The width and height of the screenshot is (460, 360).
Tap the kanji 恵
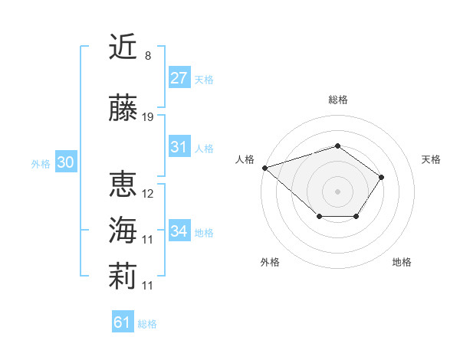tap(123, 185)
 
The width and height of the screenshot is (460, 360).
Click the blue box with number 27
tap(179, 77)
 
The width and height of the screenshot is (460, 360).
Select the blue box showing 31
tap(179, 147)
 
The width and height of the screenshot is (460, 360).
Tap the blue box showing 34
tap(179, 231)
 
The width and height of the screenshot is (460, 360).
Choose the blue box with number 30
tap(65, 162)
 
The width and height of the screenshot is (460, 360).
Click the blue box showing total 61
tap(123, 322)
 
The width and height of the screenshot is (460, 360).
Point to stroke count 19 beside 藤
tap(148, 117)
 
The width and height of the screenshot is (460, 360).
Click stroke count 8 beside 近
tap(148, 55)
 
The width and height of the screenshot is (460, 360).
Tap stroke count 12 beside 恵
tap(148, 194)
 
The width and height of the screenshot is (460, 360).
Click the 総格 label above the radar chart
tap(337, 100)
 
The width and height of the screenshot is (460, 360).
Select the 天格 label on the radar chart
tap(431, 159)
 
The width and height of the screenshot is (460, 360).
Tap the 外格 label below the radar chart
tap(270, 262)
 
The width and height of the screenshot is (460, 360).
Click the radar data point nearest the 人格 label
tap(264, 167)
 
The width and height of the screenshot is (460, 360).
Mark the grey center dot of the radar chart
tap(337, 191)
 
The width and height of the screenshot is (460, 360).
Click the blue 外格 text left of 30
tap(40, 163)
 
